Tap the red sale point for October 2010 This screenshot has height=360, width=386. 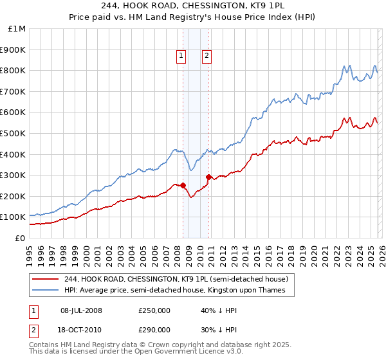pyautogui.click(x=208, y=177)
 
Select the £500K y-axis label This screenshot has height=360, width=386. pyautogui.click(x=14, y=133)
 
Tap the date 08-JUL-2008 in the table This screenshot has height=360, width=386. pyautogui.click(x=81, y=310)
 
